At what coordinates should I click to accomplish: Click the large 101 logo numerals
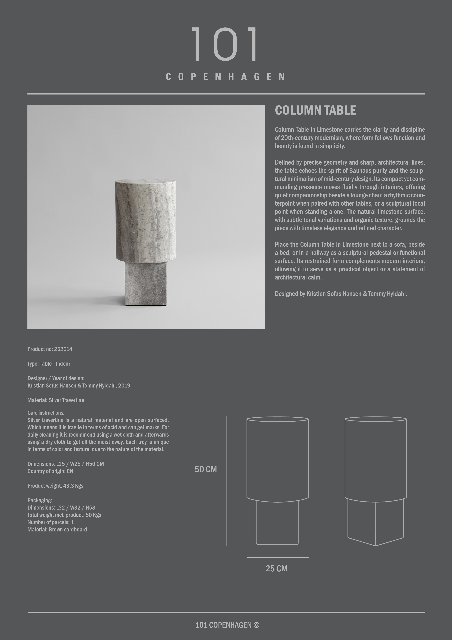tap(225, 44)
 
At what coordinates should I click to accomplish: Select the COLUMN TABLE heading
tap(315, 110)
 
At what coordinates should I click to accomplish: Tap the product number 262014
tap(63, 349)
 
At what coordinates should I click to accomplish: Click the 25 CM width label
tap(276, 568)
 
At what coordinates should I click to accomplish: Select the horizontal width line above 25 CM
tap(277, 557)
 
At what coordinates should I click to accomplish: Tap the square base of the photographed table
tap(146, 284)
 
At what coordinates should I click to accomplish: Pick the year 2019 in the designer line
tap(124, 385)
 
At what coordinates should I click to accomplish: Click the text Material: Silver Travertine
tap(56, 400)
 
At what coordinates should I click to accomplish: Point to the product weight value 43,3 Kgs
tap(73, 486)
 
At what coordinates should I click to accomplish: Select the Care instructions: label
tap(46, 412)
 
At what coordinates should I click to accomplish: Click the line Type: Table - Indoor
tap(49, 363)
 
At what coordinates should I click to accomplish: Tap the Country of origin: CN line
tap(50, 471)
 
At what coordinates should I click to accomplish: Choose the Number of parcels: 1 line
tap(50, 522)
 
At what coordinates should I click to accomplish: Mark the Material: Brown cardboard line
tap(57, 529)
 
